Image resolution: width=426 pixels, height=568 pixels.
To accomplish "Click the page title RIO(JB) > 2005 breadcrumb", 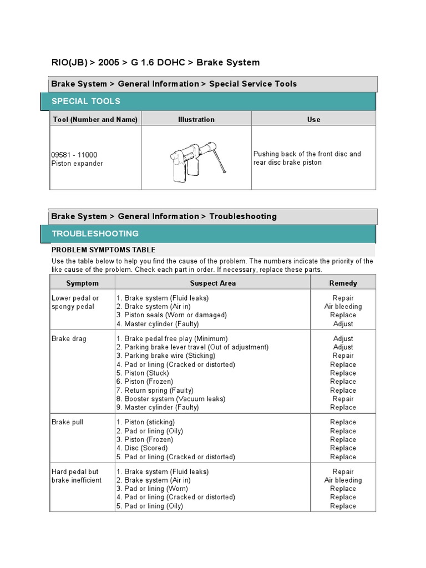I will click(155, 62).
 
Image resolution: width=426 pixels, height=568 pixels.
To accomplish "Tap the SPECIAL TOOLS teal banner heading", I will click(86, 101).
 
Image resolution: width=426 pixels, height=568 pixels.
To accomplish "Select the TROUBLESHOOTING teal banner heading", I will click(95, 234).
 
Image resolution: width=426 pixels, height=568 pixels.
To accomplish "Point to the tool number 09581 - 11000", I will click(74, 155).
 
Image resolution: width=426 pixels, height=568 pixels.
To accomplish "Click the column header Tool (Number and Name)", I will click(95, 119).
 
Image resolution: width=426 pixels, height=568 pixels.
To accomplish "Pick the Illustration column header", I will click(196, 119).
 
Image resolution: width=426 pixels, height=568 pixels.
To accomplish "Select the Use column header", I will click(313, 119).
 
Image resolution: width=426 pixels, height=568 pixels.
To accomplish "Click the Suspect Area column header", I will click(212, 283).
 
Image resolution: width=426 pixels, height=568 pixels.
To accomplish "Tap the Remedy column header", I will click(343, 283).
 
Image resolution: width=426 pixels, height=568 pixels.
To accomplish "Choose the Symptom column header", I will click(82, 283).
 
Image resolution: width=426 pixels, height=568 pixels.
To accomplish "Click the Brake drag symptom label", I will click(69, 338).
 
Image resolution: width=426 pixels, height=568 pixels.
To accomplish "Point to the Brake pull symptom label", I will click(68, 422).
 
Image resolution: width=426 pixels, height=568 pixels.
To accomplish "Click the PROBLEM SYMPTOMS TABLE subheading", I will click(104, 250).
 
